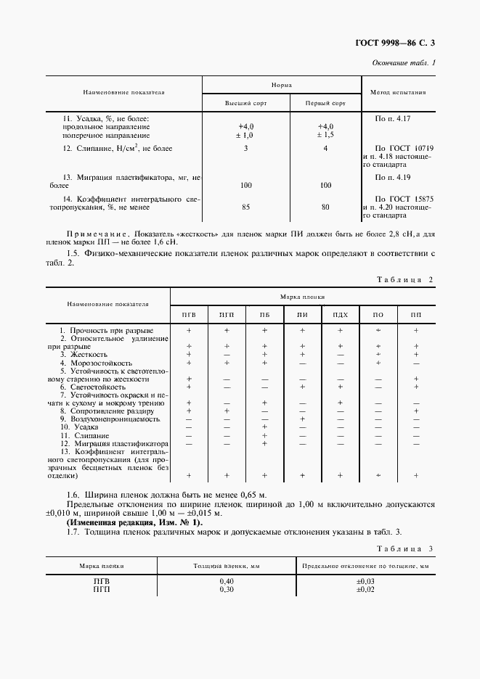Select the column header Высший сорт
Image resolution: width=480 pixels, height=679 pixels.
tap(245, 104)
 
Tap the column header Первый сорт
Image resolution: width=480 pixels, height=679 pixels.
tap(325, 104)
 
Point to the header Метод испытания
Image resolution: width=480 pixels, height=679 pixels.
tap(398, 93)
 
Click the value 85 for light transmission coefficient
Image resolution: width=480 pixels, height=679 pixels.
tap(245, 207)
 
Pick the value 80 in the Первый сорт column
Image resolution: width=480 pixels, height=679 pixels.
tap(325, 207)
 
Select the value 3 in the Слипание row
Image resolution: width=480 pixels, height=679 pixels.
tap(245, 149)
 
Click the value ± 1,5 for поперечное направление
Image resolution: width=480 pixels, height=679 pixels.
tap(325, 135)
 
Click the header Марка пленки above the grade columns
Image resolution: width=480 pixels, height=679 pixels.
tap(304, 297)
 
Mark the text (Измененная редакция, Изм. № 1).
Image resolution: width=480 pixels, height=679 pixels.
tap(135, 522)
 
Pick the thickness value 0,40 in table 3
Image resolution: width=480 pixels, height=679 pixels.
tap(227, 582)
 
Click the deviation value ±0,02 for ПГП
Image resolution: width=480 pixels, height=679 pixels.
tap(365, 590)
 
